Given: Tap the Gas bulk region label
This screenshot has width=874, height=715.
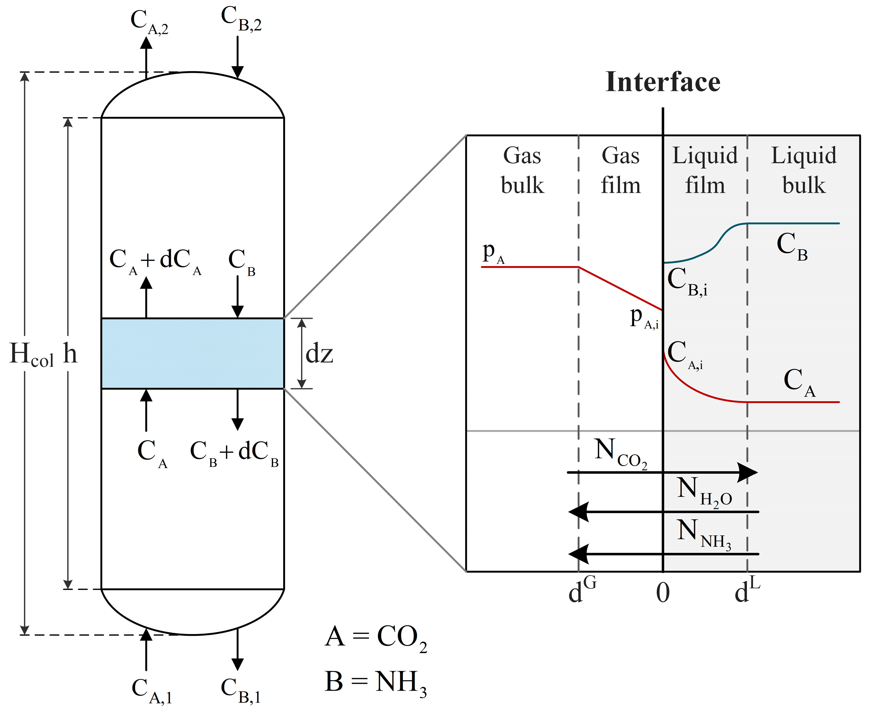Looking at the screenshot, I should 522,170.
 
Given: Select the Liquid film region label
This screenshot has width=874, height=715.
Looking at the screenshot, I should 705,170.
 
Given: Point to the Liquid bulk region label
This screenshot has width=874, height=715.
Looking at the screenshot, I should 804,170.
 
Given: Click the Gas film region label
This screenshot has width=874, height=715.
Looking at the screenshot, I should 620,170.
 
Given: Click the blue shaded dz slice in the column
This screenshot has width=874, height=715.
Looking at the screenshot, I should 192,353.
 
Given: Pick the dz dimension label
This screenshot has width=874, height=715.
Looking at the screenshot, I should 319,354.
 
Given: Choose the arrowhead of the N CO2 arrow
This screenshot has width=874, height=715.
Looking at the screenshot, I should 747,472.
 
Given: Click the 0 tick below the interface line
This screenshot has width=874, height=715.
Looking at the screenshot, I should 663,593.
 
